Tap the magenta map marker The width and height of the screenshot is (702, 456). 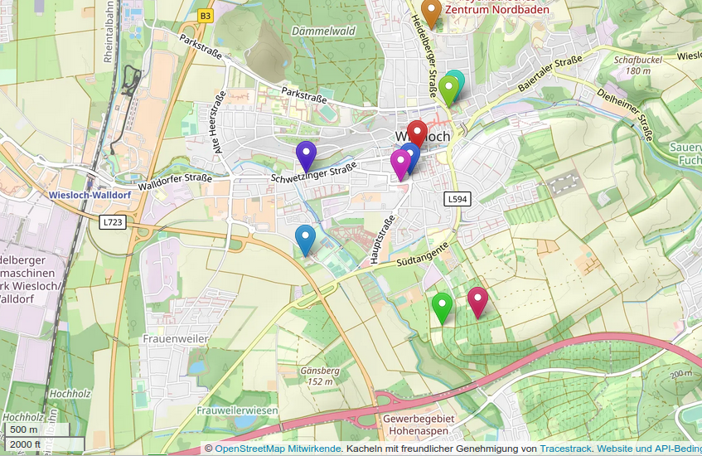tap(400, 163)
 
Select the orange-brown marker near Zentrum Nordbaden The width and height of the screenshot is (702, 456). tap(430, 11)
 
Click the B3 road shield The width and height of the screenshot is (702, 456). tap(206, 15)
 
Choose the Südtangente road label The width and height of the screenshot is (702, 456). tap(423, 255)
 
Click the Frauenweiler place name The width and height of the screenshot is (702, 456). tap(175, 339)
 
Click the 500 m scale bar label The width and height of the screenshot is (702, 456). tap(23, 429)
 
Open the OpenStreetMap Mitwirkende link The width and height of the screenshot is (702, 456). tap(278, 449)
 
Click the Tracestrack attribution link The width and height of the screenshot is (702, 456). tap(566, 449)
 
